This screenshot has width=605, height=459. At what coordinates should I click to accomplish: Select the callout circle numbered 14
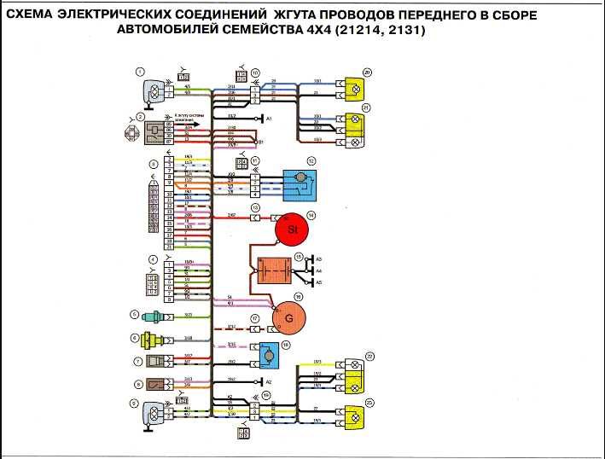tap(311, 216)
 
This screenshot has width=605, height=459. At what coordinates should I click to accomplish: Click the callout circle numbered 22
tap(369, 356)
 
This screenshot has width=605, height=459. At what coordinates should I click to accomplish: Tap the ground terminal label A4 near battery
tap(319, 269)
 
